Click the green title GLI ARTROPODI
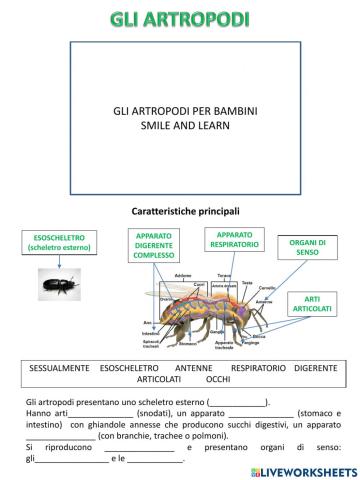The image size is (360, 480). tap(179, 19)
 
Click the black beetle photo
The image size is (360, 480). tap(55, 287)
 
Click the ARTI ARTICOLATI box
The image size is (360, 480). tap(312, 305)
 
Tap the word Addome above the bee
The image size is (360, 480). tap(183, 275)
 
